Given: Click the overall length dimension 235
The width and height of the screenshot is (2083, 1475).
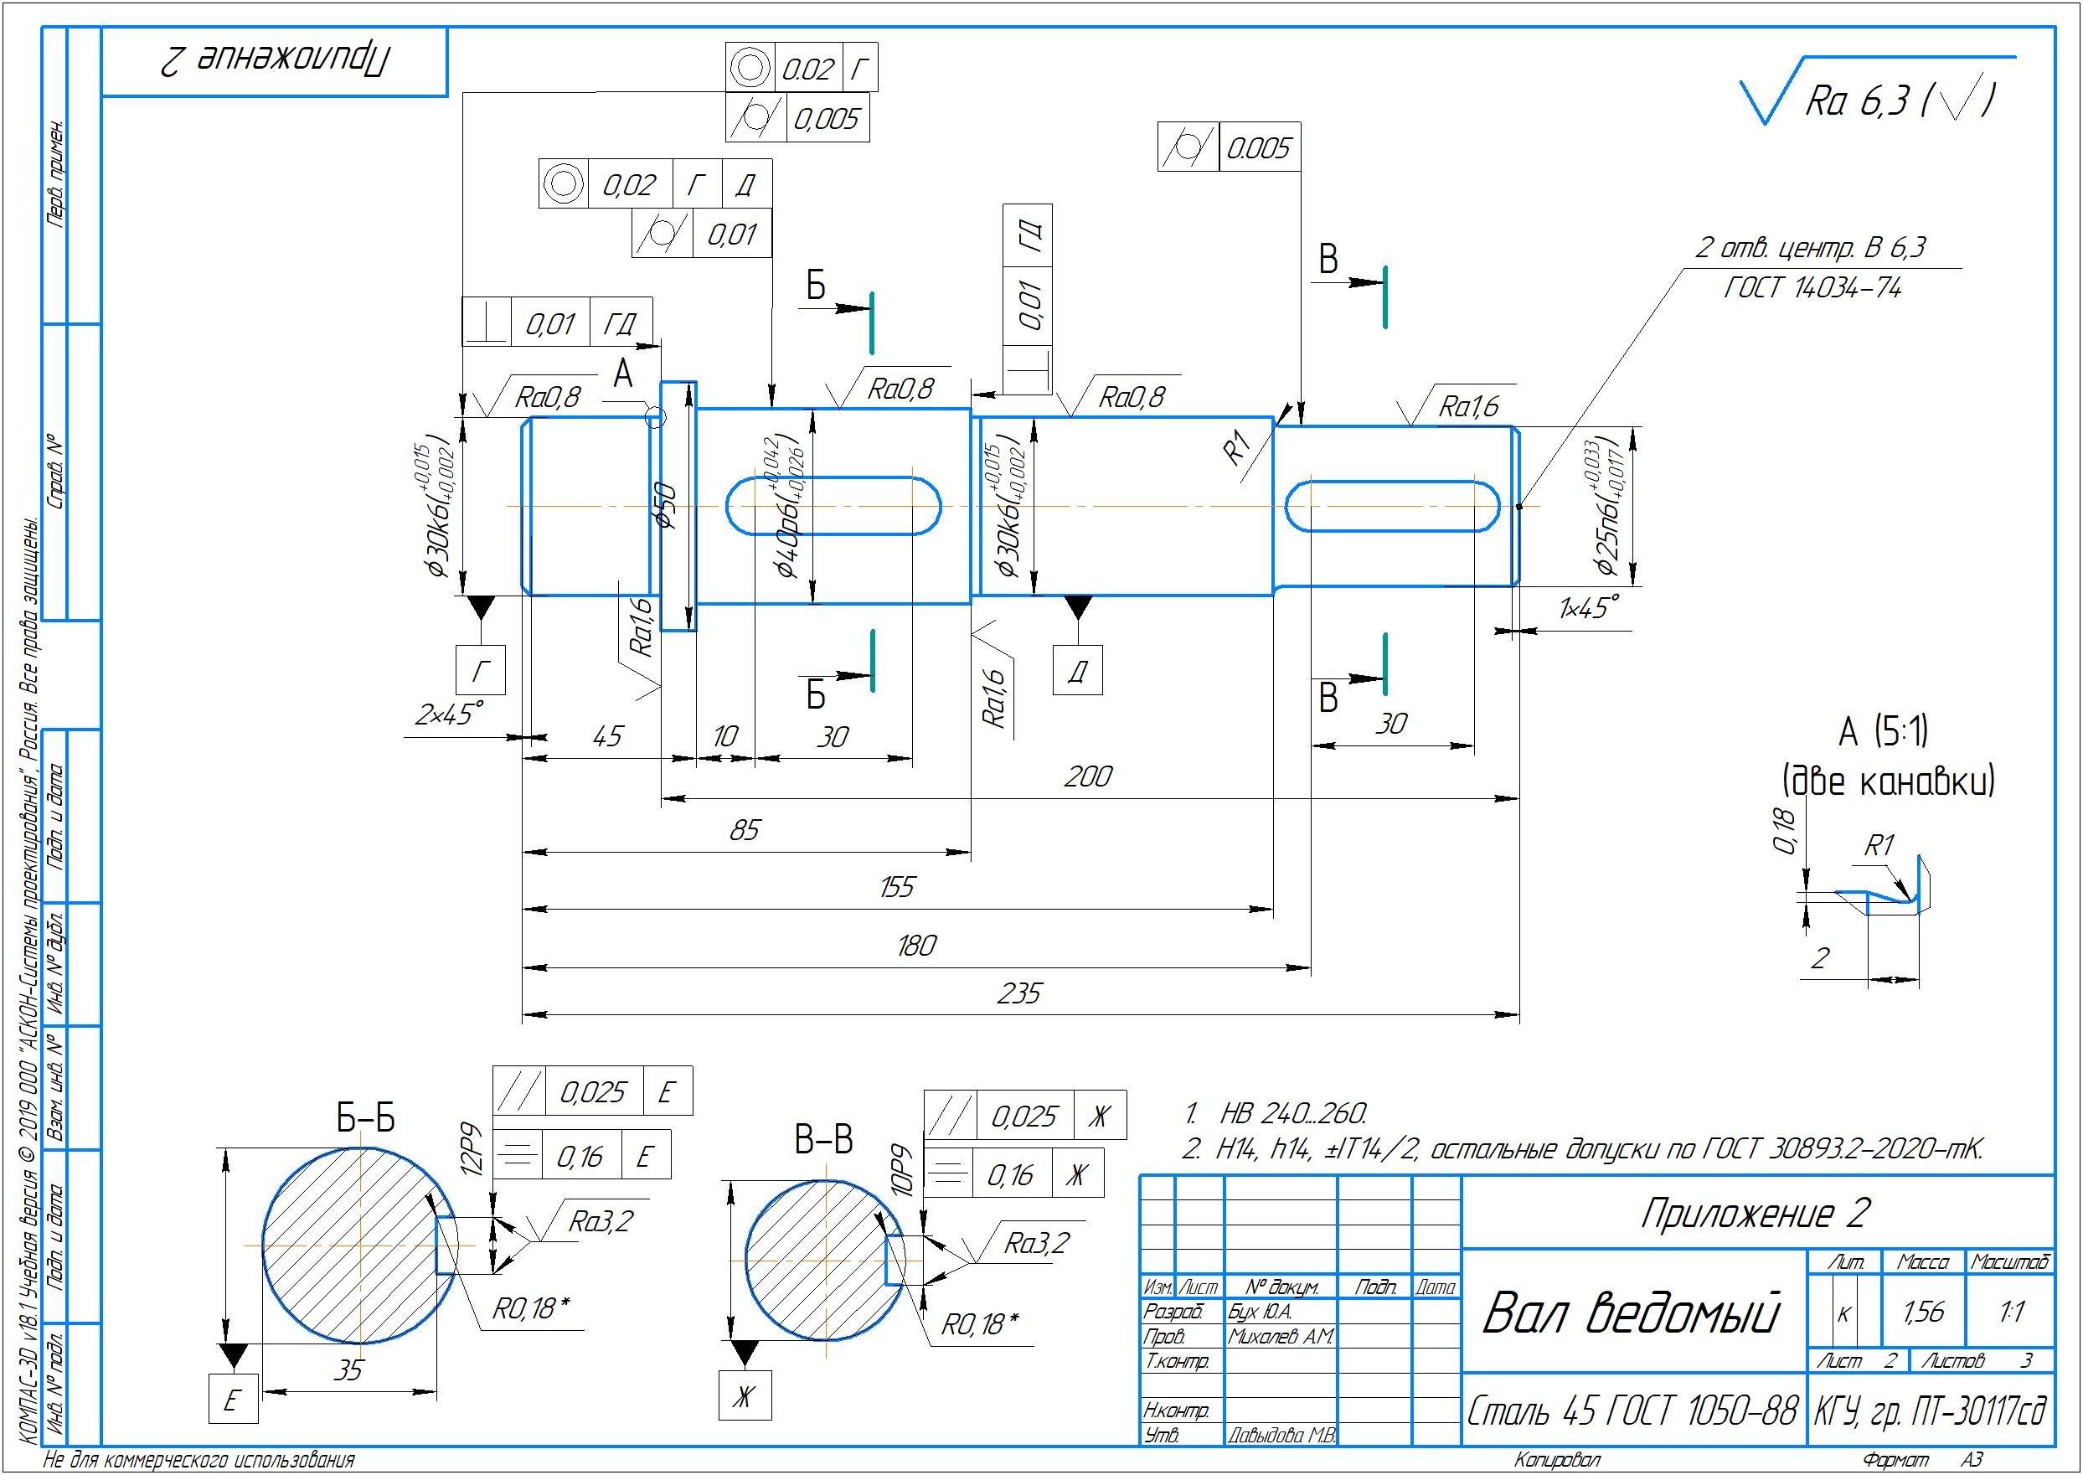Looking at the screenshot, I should click(1018, 993).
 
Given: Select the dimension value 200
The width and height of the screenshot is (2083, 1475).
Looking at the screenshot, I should click(1087, 776).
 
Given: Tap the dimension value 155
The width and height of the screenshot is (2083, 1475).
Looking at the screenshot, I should click(896, 886).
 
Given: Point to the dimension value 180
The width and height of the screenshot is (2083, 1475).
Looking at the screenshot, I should click(915, 946).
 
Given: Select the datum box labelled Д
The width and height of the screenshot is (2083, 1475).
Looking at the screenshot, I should click(1077, 672).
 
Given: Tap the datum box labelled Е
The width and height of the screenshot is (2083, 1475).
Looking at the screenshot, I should click(233, 1400).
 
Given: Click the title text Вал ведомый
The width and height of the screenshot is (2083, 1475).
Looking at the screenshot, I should click(1630, 1313).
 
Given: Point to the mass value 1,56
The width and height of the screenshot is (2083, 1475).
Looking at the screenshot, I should click(1923, 1312).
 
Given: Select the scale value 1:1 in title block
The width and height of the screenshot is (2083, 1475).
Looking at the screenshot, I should click(2011, 1312).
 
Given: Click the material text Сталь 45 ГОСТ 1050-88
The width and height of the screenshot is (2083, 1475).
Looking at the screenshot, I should click(1632, 1411).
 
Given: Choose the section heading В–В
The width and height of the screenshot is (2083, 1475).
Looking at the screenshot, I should click(823, 1141).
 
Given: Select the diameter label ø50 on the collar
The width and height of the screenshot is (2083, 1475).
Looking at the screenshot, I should click(667, 506).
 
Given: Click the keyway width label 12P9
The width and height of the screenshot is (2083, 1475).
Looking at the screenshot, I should click(473, 1152).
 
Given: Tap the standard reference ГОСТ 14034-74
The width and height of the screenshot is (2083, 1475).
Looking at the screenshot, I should click(1812, 289).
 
